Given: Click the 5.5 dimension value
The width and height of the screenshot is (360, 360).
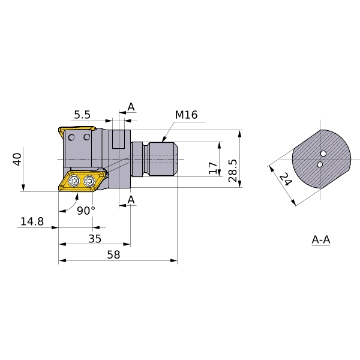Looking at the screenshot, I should (x=82, y=115).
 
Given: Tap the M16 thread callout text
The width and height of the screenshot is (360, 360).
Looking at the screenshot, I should (x=186, y=115).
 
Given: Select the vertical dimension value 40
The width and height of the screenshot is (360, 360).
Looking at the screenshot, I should (x=17, y=159).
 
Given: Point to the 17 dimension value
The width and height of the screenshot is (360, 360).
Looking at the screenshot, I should (x=213, y=167).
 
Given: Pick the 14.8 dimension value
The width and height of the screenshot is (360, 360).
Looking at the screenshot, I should (x=32, y=221).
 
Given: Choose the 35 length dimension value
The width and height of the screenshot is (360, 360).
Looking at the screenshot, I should (x=95, y=238).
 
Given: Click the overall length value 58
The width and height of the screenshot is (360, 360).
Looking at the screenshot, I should (x=113, y=254).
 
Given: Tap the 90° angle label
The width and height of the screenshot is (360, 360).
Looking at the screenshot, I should (x=86, y=210).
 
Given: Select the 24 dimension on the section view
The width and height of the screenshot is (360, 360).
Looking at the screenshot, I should (x=285, y=179).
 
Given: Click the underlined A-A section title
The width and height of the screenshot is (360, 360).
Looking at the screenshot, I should (x=321, y=240).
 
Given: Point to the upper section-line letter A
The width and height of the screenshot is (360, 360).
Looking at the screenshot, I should (x=131, y=107).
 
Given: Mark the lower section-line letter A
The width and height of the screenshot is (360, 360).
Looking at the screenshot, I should (x=131, y=199).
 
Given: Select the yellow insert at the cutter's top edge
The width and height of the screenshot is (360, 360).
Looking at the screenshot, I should (x=77, y=130).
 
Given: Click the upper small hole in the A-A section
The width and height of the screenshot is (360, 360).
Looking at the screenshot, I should (x=323, y=154).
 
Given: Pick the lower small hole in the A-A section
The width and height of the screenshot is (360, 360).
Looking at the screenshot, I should (x=320, y=164).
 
